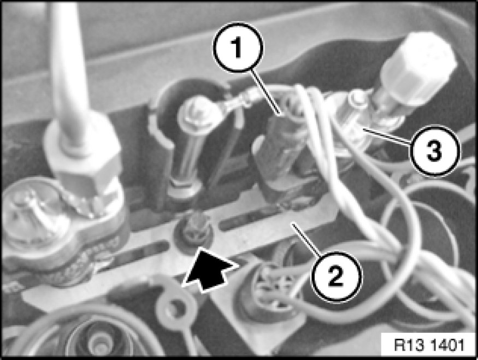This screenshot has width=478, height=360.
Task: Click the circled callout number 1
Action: tap(238, 48)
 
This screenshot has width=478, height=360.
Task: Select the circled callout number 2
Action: tap(337, 276)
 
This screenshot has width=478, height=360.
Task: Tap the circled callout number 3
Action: tap(434, 150)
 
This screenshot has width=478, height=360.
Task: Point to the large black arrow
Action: tap(210, 269)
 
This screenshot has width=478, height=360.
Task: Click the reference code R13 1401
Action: tap(429, 345)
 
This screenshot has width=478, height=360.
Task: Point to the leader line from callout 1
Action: tap(266, 93)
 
